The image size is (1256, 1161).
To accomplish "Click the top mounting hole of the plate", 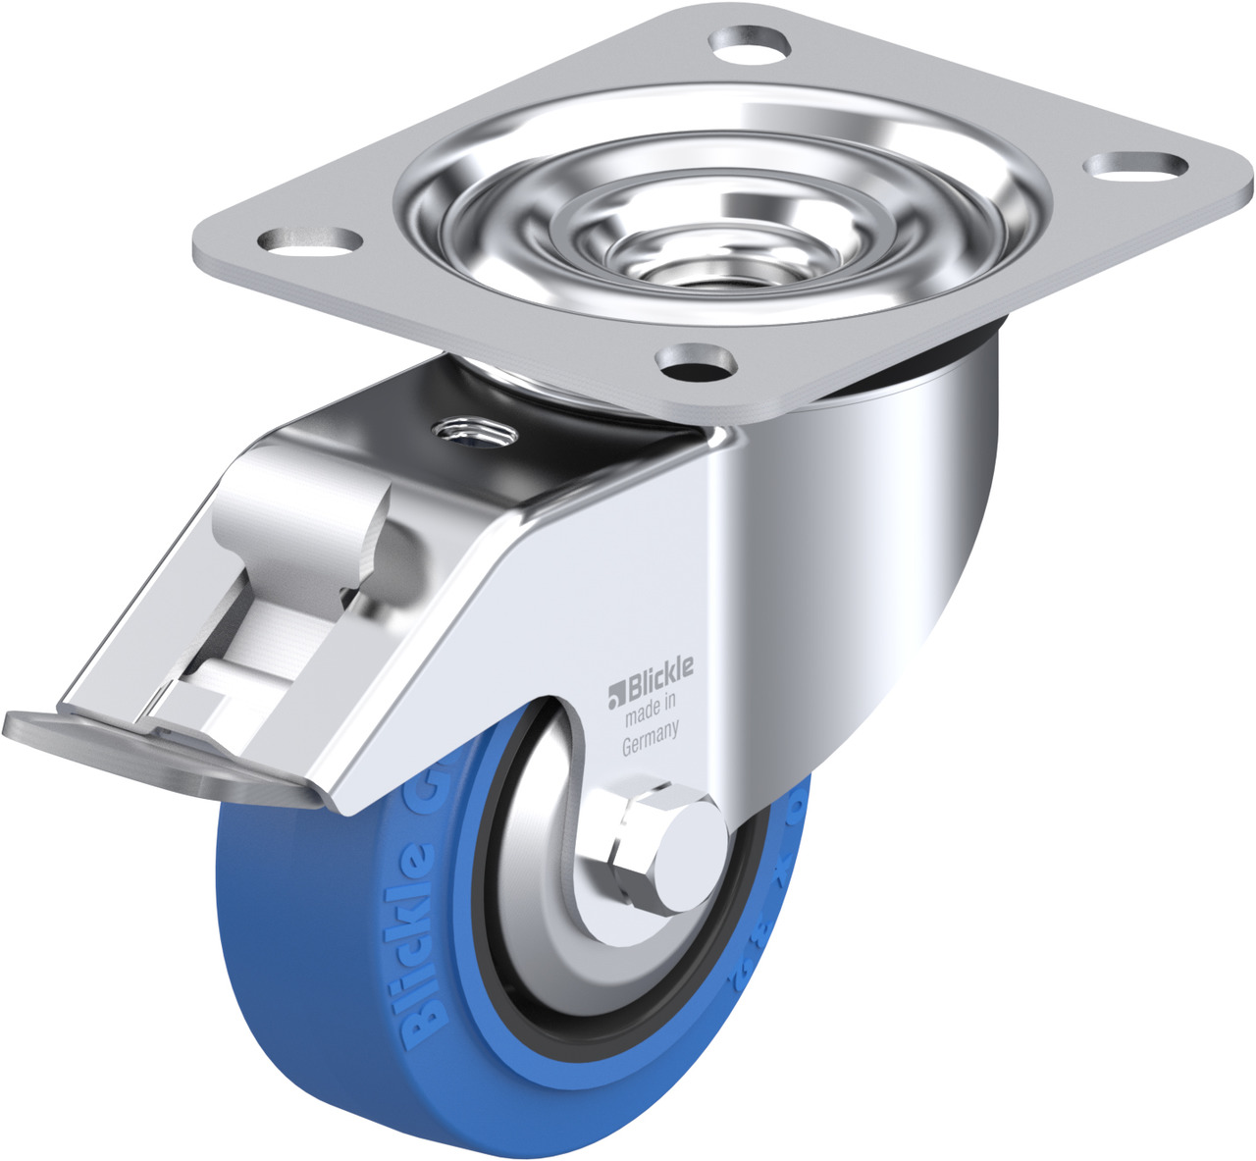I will coord(750,43).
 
